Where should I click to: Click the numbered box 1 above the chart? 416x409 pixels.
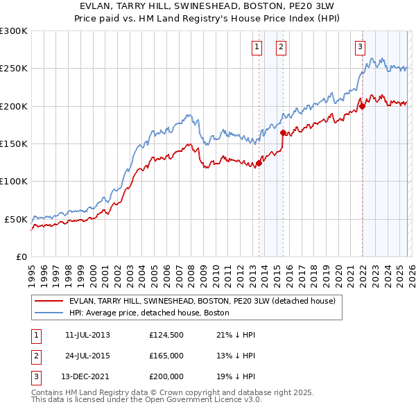[x=257, y=47]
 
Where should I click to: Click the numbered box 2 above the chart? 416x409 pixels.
[x=281, y=47]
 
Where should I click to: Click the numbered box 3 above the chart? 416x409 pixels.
[x=360, y=47]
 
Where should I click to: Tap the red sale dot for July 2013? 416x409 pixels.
[x=259, y=164]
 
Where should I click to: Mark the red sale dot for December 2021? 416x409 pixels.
[x=362, y=107]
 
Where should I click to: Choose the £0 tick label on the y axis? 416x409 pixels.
[x=21, y=256]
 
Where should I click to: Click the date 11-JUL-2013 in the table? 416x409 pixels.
[x=87, y=336]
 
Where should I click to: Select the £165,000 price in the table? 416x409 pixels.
[x=166, y=356]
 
